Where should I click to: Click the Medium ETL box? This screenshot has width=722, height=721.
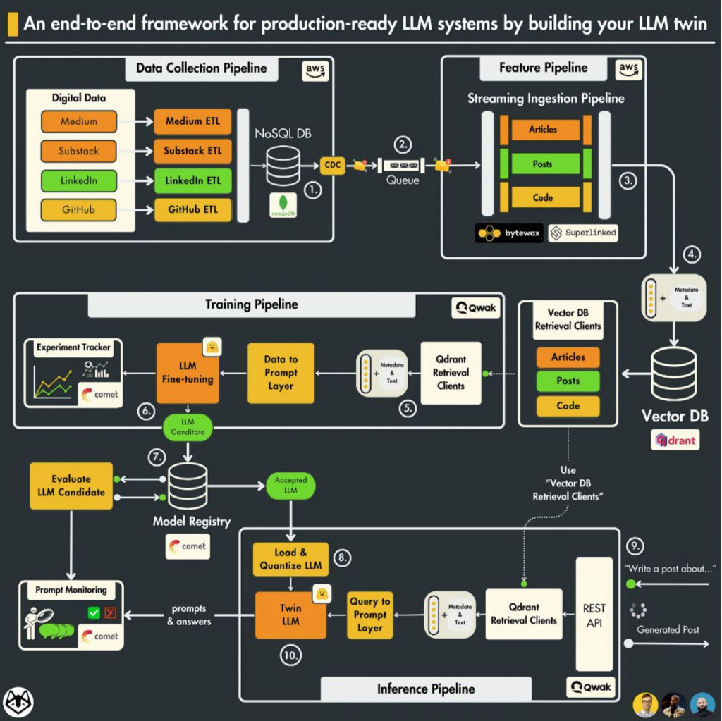(192, 121)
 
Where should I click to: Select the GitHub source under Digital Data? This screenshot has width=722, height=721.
(78, 209)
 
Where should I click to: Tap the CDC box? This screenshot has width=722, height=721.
(332, 166)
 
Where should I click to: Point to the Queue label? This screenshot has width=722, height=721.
(402, 180)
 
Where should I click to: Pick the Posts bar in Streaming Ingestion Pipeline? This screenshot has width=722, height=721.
(541, 164)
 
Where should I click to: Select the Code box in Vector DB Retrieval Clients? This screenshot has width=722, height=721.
(568, 406)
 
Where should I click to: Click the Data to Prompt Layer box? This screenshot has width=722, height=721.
(281, 373)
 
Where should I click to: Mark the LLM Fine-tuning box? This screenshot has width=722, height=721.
(188, 373)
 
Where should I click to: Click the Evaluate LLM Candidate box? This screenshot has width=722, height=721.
(71, 486)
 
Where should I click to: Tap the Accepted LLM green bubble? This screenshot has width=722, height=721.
(290, 485)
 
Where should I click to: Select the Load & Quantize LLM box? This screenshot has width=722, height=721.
(290, 559)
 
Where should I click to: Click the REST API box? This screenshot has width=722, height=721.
(594, 614)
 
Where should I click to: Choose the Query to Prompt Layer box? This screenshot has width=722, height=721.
(369, 615)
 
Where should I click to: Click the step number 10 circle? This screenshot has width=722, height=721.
(290, 655)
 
